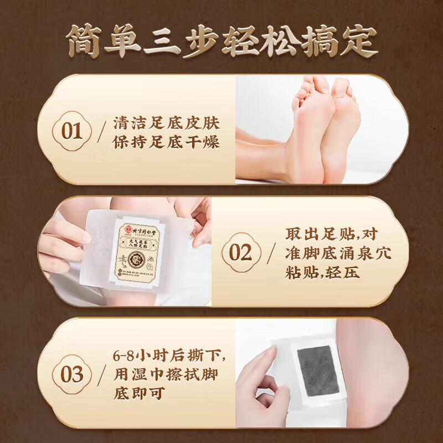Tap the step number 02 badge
pos(240,253)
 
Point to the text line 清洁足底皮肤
pos(166,122)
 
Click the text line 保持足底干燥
pos(166,142)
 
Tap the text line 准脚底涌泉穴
pos(338,253)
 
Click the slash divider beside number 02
pos(271,254)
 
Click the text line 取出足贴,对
pos(332,233)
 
